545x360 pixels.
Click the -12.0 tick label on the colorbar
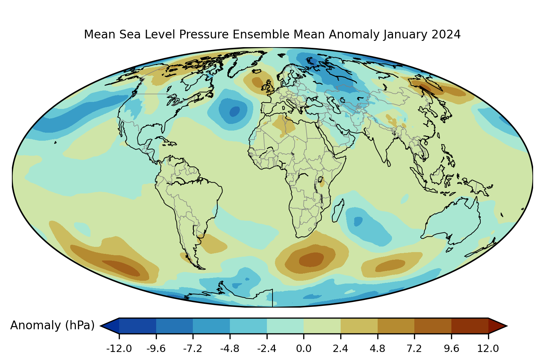tap(119, 348)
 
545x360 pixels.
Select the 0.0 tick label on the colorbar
tap(304, 348)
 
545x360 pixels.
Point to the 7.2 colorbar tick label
tap(414, 348)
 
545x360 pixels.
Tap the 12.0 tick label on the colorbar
tap(488, 348)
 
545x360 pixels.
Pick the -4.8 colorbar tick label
tap(230, 348)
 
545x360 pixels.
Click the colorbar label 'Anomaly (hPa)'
tap(52, 325)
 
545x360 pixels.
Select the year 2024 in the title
tap(446, 35)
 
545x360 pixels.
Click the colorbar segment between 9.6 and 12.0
tap(470, 325)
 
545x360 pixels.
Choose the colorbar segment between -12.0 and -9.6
tap(138, 325)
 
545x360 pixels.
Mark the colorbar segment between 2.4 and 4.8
tap(359, 325)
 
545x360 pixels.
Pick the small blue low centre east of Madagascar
tap(358, 221)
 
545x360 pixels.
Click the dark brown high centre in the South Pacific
tap(121, 267)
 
